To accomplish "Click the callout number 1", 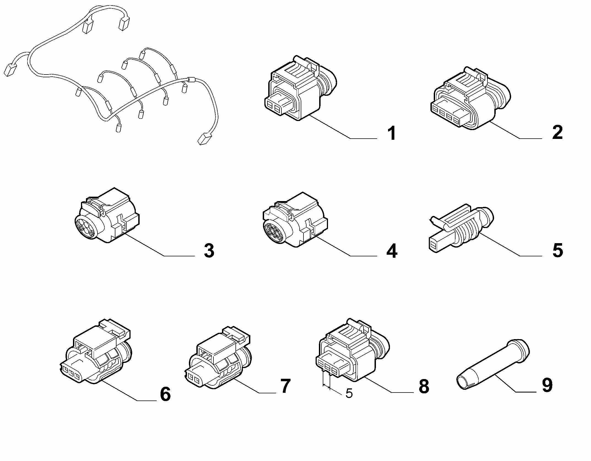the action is coord(391,133).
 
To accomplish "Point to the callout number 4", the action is coord(392,251).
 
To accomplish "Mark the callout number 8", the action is coord(424,386).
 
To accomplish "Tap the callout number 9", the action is coord(547,385).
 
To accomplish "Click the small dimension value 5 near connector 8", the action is coord(349,393).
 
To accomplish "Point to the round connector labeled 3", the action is coord(107,215).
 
